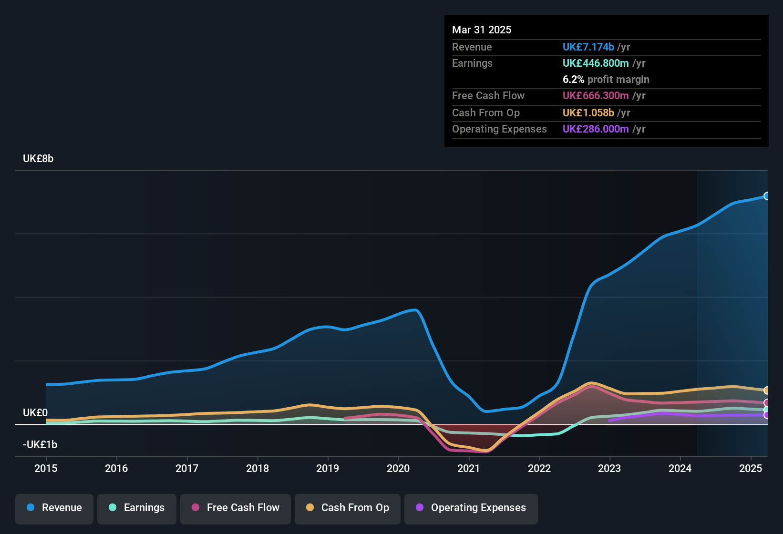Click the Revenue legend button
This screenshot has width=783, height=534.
click(x=54, y=508)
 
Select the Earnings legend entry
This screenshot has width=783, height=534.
click(x=137, y=508)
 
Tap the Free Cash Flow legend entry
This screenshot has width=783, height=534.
click(x=236, y=508)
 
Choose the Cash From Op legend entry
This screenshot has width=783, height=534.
click(x=348, y=508)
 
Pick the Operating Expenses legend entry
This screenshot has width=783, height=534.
click(x=471, y=508)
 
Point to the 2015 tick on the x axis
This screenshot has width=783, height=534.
click(x=46, y=468)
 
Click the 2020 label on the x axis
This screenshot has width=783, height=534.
click(x=398, y=468)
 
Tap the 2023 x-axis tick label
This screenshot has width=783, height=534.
click(x=609, y=468)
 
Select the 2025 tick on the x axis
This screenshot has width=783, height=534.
click(x=751, y=468)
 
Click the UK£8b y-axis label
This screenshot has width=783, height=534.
click(x=38, y=159)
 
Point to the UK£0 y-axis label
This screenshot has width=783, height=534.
click(x=35, y=412)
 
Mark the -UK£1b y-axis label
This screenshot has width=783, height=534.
click(x=40, y=444)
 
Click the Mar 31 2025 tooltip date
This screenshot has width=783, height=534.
click(x=482, y=30)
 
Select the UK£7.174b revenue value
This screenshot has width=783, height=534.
click(x=588, y=47)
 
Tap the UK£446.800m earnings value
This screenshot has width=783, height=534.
click(x=596, y=63)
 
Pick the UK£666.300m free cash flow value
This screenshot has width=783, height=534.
click(x=596, y=95)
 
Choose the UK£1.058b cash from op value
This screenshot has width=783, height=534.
click(x=588, y=113)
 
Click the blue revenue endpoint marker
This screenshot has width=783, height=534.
click(x=766, y=196)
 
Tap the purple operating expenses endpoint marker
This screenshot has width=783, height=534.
click(x=766, y=415)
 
